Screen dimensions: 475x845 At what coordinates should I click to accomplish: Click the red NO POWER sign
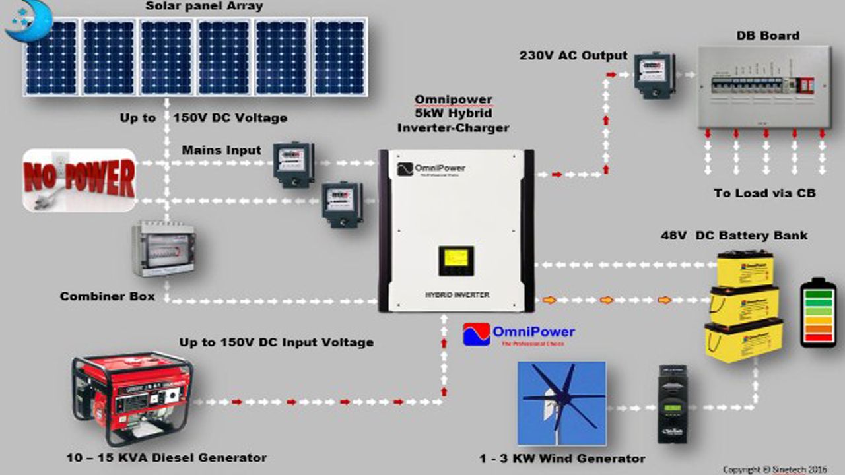[x=79, y=179]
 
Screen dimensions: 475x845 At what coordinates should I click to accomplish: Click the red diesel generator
[x=132, y=397]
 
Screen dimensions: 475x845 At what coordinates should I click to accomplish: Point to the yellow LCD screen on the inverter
[x=456, y=260]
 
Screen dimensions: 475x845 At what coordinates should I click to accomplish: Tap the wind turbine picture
[x=561, y=402]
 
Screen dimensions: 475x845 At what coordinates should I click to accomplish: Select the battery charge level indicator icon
[x=818, y=313]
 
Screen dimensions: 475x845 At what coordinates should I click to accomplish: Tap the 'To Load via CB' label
[x=764, y=193]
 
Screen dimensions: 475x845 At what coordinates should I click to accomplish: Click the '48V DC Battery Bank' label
[x=734, y=236]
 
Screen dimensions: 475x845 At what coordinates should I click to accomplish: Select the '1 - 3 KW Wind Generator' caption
[x=562, y=459]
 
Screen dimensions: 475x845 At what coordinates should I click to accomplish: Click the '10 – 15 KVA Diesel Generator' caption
[x=166, y=457]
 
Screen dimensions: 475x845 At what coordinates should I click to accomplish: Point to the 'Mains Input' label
[x=221, y=150]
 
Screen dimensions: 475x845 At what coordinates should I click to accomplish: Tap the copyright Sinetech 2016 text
[x=779, y=470]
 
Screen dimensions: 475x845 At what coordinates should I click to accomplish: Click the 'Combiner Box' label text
[x=108, y=296]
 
